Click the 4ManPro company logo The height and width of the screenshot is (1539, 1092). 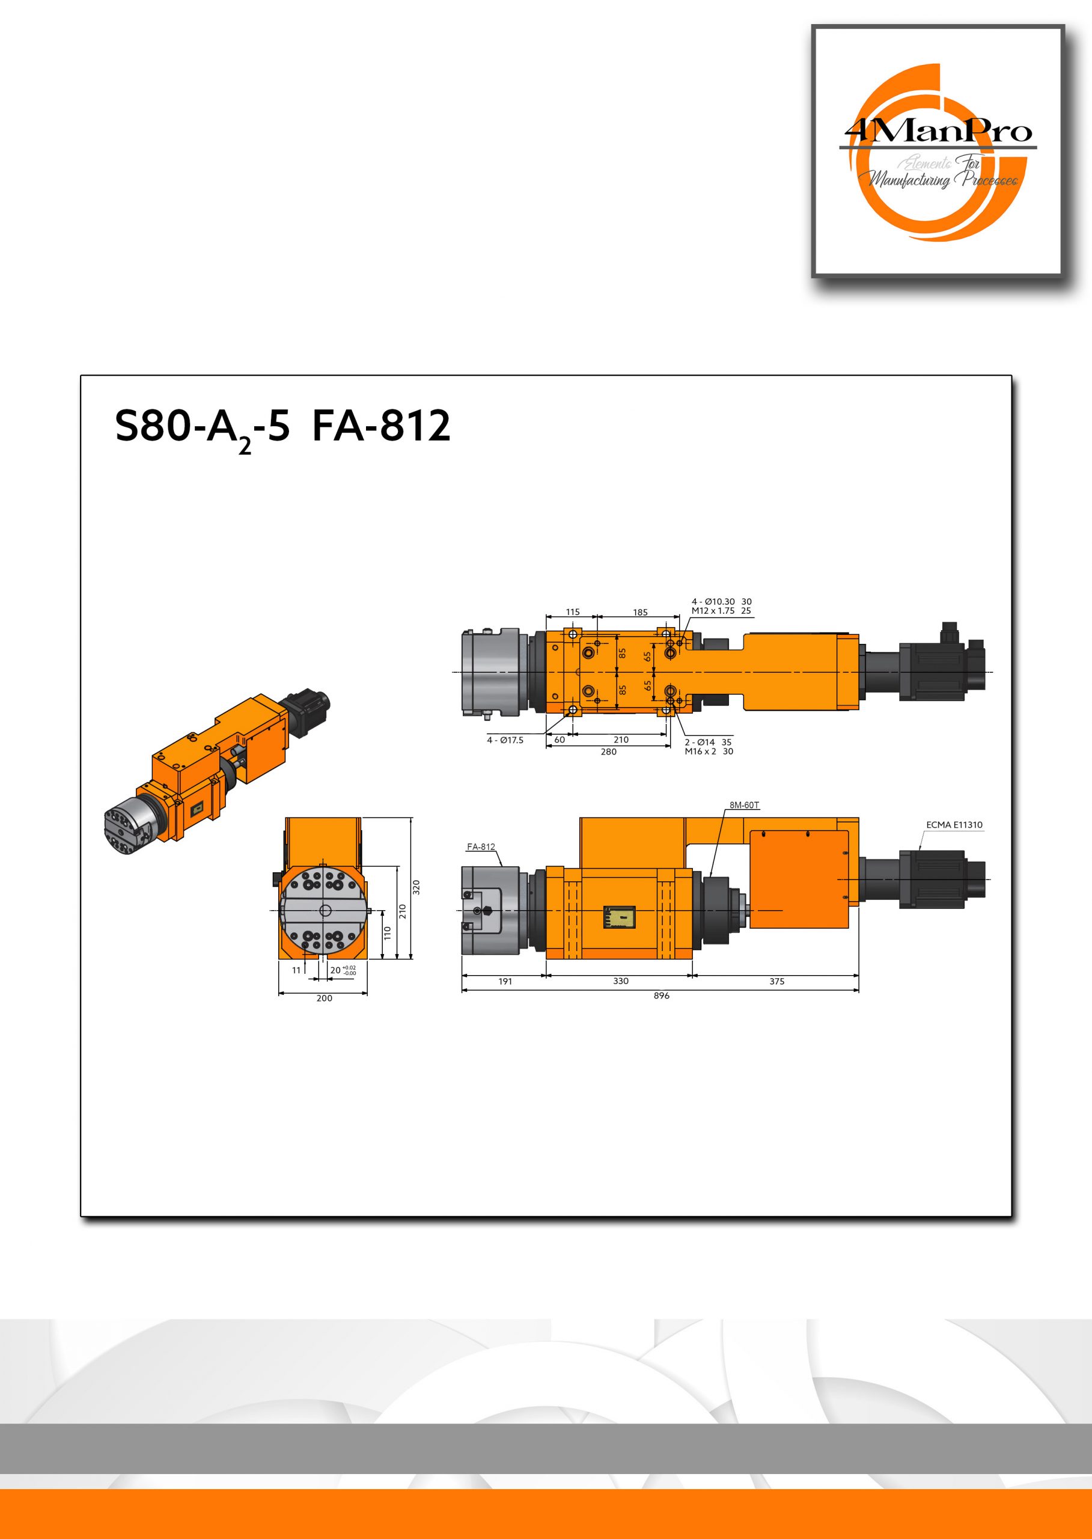point(938,151)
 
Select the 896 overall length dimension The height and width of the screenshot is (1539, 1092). point(661,996)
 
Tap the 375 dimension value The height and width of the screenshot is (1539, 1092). point(776,981)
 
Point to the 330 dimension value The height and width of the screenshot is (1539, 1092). point(621,981)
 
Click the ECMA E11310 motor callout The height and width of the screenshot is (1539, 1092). point(954,825)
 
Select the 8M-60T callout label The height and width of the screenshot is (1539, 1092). point(745,805)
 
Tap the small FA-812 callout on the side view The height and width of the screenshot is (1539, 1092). point(481,847)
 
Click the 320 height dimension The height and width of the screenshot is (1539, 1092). point(416,887)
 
